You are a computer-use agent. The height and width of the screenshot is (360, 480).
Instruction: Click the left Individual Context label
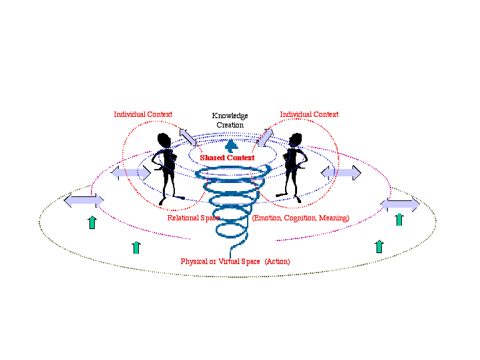coord(143,114)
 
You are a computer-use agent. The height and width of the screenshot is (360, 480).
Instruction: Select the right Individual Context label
coord(309,114)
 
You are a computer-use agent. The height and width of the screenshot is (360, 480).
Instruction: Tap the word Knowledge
coord(230,116)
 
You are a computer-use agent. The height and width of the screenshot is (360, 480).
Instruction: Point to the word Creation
coord(230,125)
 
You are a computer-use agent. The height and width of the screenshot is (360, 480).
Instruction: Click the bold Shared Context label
coord(227,158)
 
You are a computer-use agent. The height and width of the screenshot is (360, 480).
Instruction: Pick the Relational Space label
coord(193,218)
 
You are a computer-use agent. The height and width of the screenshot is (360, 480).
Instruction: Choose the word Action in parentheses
coord(277,261)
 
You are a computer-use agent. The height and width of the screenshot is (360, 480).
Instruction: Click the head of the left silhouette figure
coord(164,140)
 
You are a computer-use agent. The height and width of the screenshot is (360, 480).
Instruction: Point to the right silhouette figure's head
coord(294,140)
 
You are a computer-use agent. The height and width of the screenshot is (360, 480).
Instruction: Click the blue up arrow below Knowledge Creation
coord(231,146)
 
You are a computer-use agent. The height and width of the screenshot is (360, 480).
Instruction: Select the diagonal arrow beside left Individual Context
coord(188,136)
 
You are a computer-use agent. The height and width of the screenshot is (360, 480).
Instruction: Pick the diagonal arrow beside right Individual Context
coord(265,137)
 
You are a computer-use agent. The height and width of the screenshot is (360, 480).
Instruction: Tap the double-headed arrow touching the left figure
coord(131,173)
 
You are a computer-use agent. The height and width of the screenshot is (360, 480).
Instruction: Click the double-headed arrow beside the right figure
coord(341,173)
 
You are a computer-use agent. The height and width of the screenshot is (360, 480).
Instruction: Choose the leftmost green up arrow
coord(92,222)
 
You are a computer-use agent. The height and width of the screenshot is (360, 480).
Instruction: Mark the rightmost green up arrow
coord(399,219)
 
